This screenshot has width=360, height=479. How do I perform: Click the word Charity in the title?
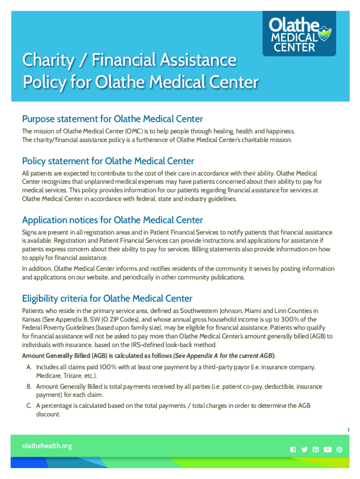tap(43, 60)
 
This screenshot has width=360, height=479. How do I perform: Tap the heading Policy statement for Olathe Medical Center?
tap(108, 161)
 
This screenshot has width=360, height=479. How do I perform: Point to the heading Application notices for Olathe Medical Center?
tap(113, 220)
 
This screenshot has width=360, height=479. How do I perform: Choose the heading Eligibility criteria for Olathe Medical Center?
tap(108, 298)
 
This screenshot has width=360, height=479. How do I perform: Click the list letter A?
tap(29, 368)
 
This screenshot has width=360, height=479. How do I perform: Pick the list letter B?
tap(29, 387)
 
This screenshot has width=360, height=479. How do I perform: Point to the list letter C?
tap(29, 406)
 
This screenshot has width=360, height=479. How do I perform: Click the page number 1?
tap(348, 430)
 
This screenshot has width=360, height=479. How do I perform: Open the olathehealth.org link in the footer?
tap(47, 446)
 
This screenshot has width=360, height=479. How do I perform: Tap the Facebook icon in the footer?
tap(293, 450)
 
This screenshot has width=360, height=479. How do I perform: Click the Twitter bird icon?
tap(304, 450)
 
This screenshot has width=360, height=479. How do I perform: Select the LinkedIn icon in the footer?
tap(316, 450)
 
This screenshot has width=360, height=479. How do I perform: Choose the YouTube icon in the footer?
tap(327, 450)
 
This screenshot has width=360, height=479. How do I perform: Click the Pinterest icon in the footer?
tap(339, 450)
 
